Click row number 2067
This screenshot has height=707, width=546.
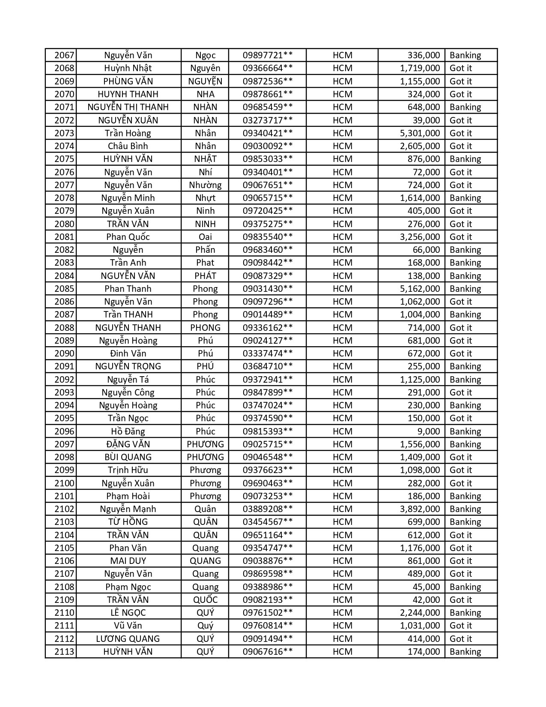tap(64, 55)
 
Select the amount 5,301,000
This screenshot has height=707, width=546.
tap(420, 133)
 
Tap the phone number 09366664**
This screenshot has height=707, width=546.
tap(268, 68)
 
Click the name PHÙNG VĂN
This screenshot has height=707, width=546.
tap(128, 81)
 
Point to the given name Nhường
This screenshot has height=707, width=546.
tap(205, 185)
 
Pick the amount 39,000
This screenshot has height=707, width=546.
tap(424, 120)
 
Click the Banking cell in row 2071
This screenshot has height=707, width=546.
tap(465, 107)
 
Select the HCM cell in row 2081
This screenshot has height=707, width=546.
tap(342, 237)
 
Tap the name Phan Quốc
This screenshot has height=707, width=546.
tap(128, 237)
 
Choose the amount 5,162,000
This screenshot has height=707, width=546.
tap(420, 289)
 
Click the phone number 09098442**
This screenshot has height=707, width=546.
tap(268, 263)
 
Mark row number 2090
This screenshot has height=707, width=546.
tap(64, 353)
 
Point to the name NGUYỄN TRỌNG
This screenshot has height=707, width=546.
tap(128, 366)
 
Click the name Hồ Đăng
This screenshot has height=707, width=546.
tap(128, 431)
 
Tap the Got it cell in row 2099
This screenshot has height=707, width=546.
tap(461, 470)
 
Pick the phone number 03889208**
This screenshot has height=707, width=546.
tap(268, 509)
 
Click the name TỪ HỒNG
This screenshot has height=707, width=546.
tap(128, 522)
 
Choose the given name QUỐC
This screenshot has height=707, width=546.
tap(205, 600)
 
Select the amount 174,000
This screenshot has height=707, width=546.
tap(424, 652)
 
